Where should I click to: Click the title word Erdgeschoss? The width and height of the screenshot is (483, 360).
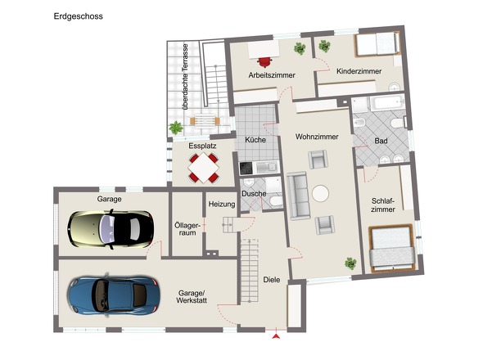click(79, 16)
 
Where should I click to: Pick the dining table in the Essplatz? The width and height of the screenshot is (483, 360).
click(204, 169)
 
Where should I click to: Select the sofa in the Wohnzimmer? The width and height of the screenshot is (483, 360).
click(298, 197)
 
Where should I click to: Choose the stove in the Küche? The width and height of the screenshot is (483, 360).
click(247, 168)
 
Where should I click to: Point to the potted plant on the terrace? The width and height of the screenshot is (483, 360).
click(175, 128)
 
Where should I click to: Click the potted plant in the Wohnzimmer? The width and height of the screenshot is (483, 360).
click(350, 263)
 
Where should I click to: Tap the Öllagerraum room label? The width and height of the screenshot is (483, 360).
click(187, 227)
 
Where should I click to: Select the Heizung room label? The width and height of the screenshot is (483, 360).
click(222, 204)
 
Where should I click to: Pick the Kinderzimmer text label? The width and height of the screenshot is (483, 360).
click(359, 72)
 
